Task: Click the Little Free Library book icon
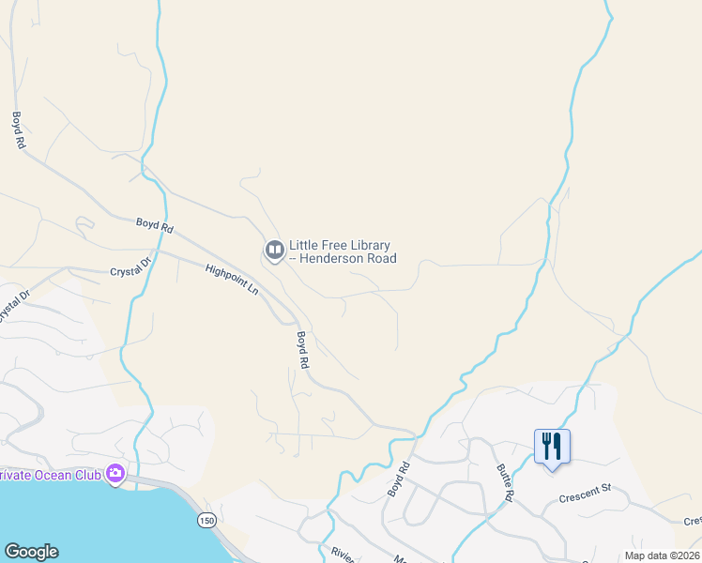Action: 274,250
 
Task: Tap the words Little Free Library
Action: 340,245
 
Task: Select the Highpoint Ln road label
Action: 231,280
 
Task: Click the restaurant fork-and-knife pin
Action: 551,447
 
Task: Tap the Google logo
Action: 31,552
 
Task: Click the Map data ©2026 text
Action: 662,555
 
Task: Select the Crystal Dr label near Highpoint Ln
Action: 130,268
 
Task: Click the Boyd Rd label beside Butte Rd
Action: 399,479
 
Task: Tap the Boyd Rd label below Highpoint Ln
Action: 302,349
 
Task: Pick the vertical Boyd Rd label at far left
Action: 17,130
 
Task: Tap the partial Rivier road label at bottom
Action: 341,554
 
